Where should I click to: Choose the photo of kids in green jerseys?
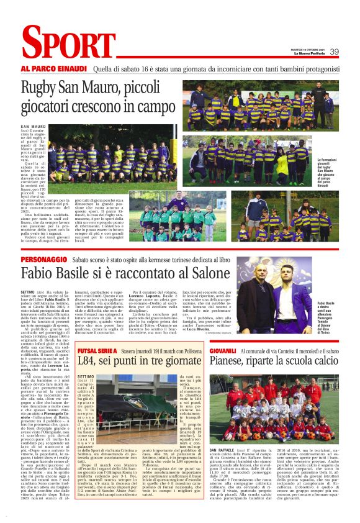coord(178,216)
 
